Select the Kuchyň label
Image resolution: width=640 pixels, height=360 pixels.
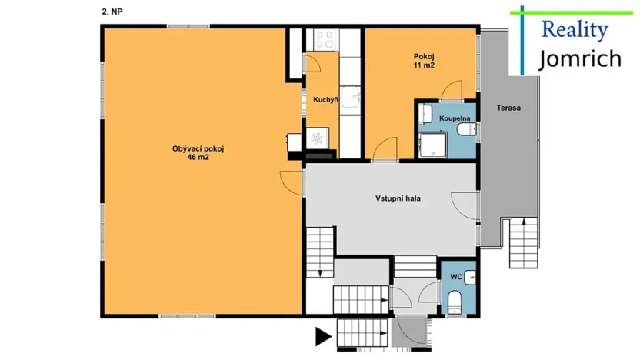pyautogui.click(x=326, y=98)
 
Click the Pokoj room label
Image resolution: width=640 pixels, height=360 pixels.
pyautogui.click(x=424, y=57)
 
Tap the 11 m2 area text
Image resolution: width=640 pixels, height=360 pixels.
pyautogui.click(x=424, y=66)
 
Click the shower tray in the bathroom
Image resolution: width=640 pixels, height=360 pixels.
pyautogui.click(x=430, y=145)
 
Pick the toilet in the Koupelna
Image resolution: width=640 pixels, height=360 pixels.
pyautogui.click(x=466, y=131)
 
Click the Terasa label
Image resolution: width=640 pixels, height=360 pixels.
pyautogui.click(x=508, y=108)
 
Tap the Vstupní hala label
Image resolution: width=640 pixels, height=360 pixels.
pyautogui.click(x=397, y=198)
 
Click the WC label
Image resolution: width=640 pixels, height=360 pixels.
pyautogui.click(x=455, y=275)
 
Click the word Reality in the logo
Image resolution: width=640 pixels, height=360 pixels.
pyautogui.click(x=575, y=30)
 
